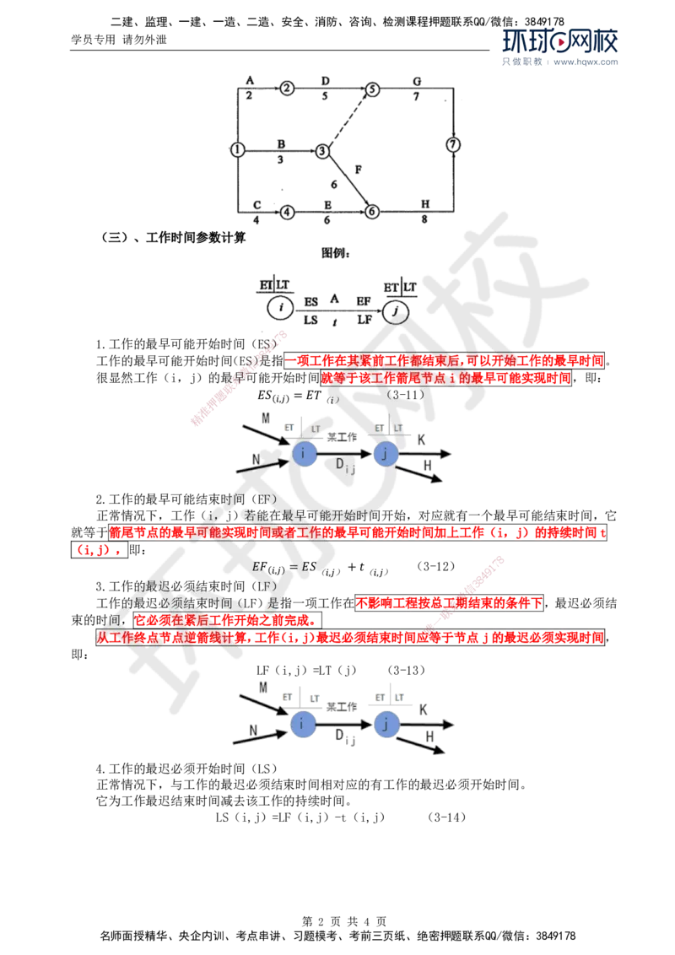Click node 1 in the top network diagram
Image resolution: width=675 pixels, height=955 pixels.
tap(238, 149)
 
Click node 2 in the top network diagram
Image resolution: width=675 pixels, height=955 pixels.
tap(288, 87)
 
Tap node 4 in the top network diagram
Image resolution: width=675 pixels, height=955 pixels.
tap(287, 212)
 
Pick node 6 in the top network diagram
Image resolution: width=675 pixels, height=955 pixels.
tap(373, 212)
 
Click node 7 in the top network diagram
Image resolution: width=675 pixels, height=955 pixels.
tap(455, 144)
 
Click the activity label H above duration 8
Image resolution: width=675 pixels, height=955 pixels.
tap(424, 204)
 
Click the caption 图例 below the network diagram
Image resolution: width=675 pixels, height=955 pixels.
tap(334, 251)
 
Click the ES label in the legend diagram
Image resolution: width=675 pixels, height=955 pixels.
tap(310, 301)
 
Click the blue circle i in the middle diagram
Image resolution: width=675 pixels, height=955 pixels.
tap(304, 454)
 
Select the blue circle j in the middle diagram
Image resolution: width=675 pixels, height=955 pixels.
tap(386, 454)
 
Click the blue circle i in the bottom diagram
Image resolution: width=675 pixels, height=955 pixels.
tap(303, 724)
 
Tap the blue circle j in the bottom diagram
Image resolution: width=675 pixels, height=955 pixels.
tap(386, 724)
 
